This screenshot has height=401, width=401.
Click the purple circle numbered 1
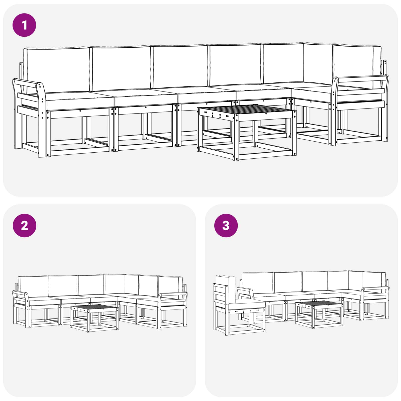(x=24, y=25)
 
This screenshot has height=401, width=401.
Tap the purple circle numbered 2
(x=24, y=226)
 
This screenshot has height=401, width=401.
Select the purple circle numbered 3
(x=226, y=226)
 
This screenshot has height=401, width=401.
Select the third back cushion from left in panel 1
(x=180, y=67)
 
